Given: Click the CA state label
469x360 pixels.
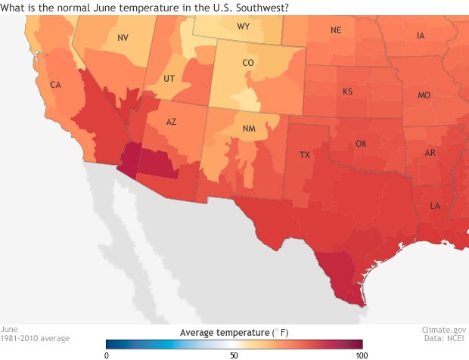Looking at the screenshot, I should click(55, 85).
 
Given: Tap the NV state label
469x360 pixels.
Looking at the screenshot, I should click(123, 37).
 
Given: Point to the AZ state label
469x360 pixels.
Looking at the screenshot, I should click(172, 122).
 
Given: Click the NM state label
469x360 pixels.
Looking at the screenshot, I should click(249, 129).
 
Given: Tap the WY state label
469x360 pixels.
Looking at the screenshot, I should click(244, 26).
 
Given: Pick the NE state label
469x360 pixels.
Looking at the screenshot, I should click(336, 31).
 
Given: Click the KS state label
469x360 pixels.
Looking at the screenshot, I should click(348, 92).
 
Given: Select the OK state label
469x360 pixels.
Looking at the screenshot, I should click(361, 144).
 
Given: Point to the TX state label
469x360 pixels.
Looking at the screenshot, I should click(305, 155).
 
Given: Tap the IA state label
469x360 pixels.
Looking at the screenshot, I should click(421, 36).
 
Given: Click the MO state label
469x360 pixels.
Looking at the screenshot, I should click(424, 96).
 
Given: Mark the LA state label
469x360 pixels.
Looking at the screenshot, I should click(436, 206).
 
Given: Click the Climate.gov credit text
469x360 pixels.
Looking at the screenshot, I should click(444, 330).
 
